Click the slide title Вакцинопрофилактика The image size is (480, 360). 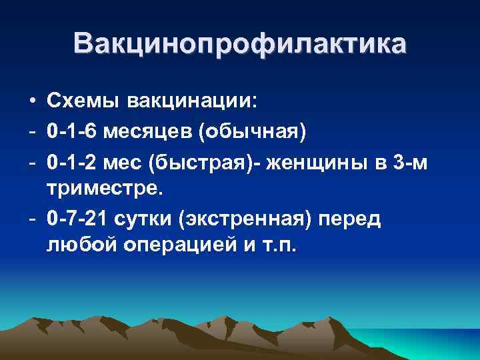click(x=239, y=43)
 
